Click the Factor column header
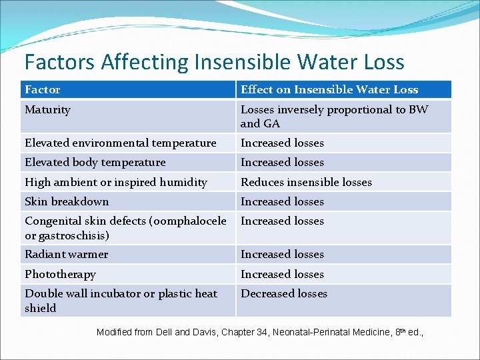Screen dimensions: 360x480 click(42, 89)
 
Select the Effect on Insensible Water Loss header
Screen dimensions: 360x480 click(329, 89)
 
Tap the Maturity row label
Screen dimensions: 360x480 click(47, 109)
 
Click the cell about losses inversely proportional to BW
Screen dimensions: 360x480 click(334, 116)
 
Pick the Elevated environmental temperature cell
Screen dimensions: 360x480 click(121, 143)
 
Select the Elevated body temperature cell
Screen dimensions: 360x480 click(95, 162)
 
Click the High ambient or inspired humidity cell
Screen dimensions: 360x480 click(116, 182)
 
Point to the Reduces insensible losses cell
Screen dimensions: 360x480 click(306, 182)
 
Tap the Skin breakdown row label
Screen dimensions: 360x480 click(67, 201)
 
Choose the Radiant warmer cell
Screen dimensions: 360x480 click(66, 254)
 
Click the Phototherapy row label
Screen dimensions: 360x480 click(60, 274)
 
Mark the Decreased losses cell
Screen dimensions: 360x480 click(284, 293)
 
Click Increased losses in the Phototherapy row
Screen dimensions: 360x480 click(282, 274)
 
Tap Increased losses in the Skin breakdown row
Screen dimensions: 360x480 click(282, 201)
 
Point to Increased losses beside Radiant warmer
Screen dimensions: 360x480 click(282, 254)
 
